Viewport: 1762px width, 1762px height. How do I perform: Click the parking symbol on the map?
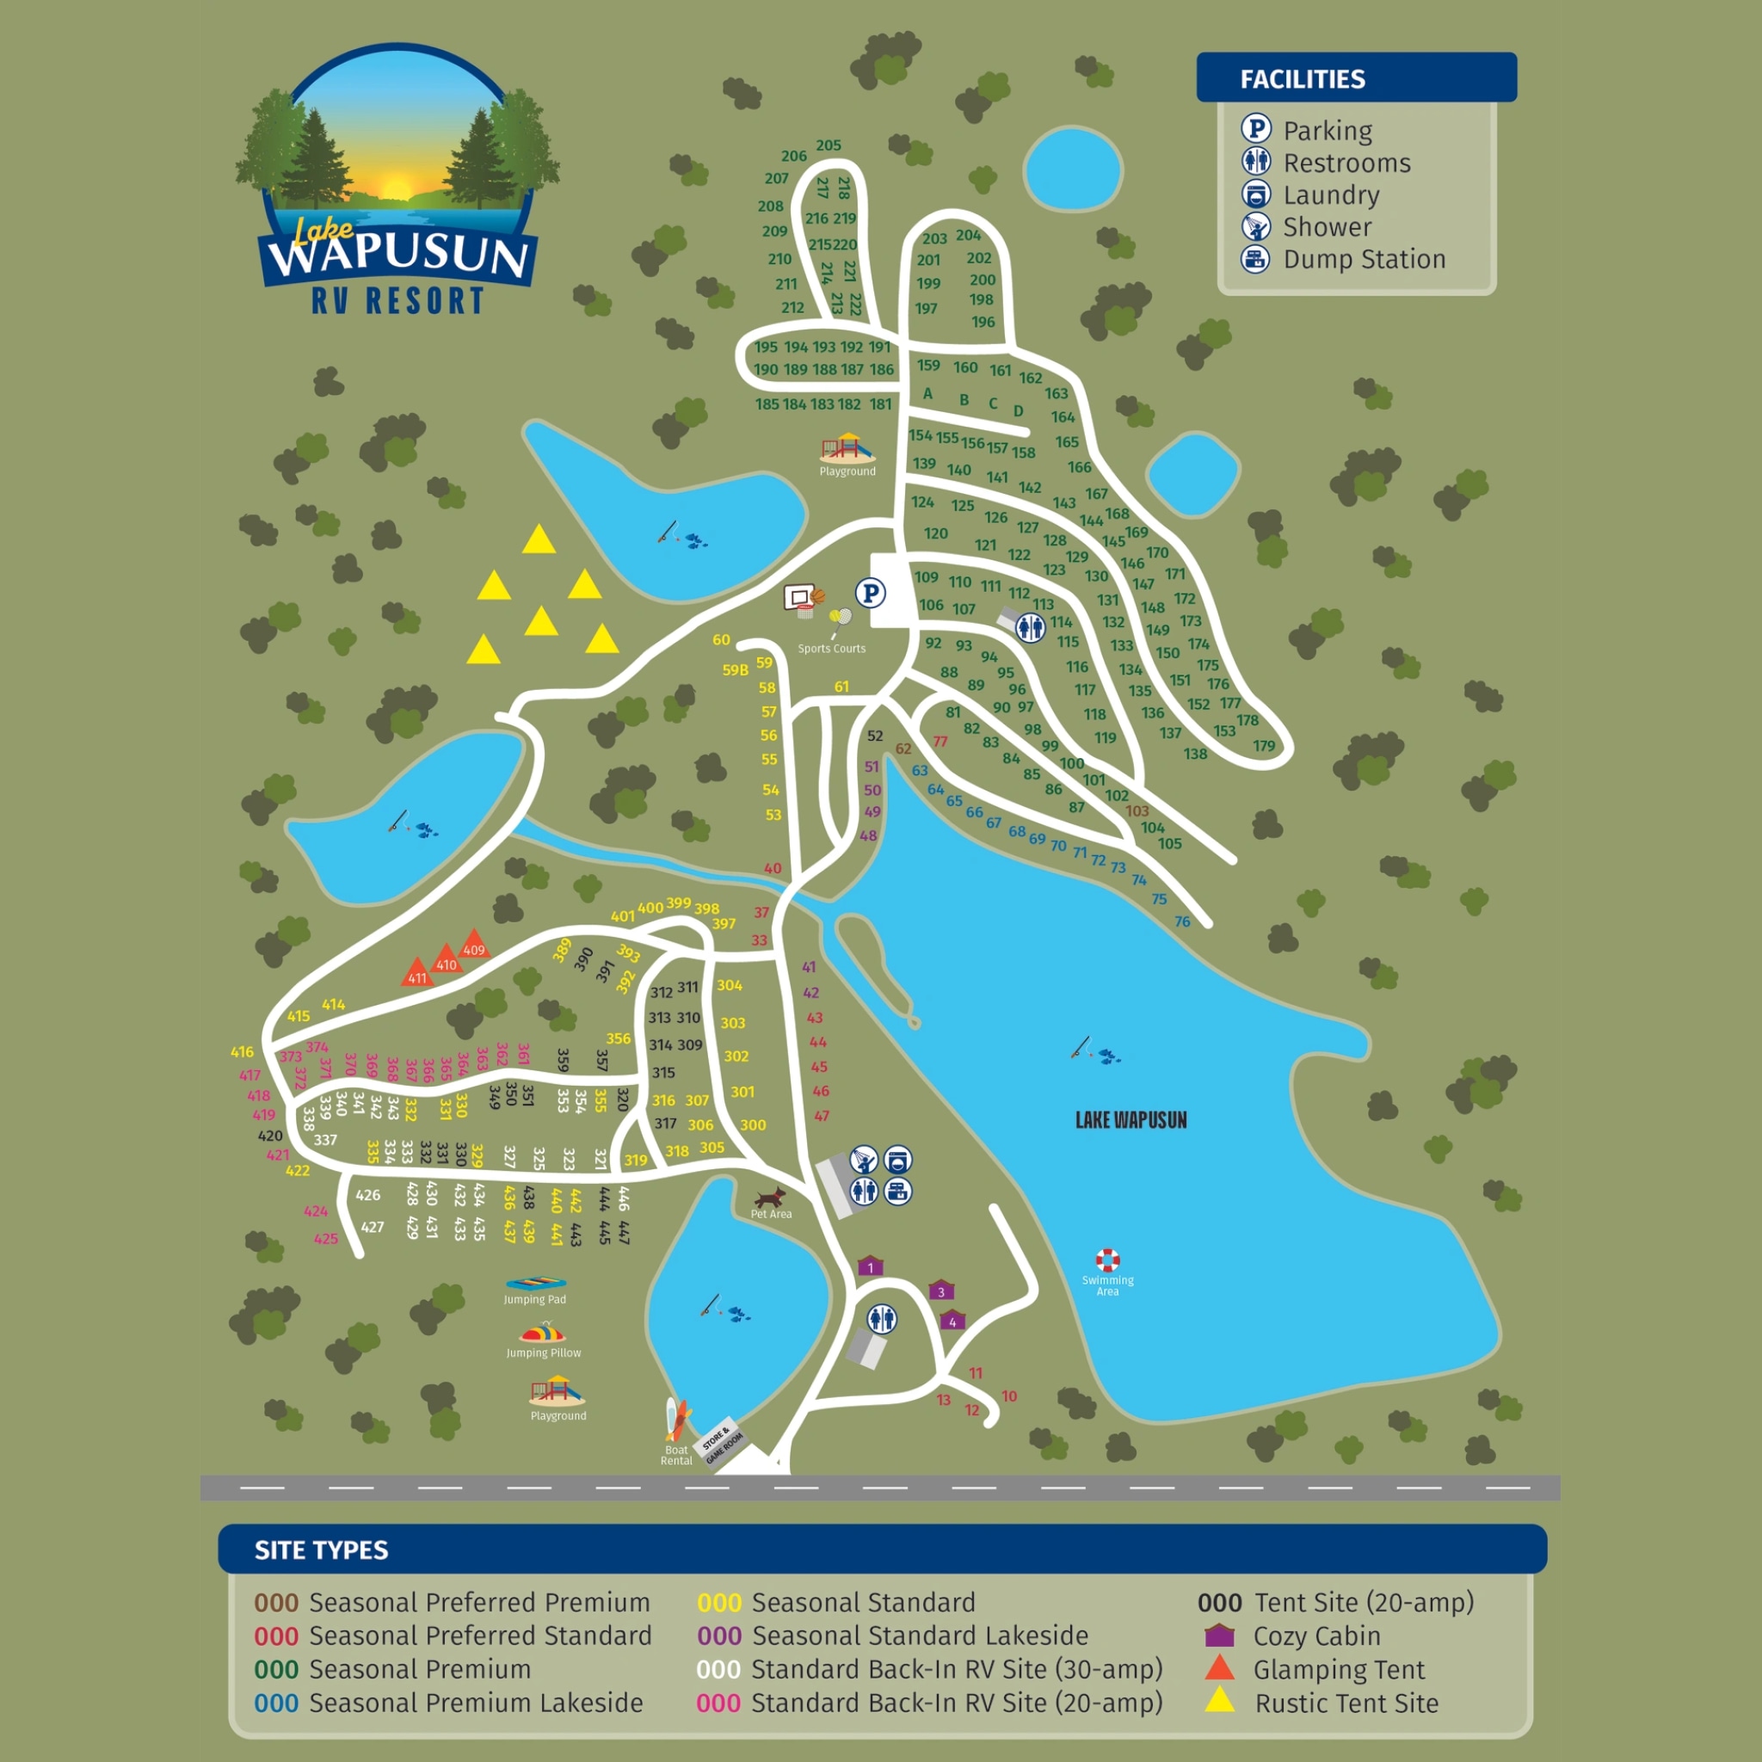pyautogui.click(x=870, y=594)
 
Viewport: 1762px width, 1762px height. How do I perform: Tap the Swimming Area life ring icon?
pyautogui.click(x=1107, y=1260)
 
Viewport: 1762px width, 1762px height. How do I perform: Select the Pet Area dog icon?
pyautogui.click(x=771, y=1196)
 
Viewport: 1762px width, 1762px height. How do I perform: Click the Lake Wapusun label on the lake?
pyautogui.click(x=1131, y=1120)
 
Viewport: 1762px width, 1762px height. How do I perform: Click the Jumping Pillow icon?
pyautogui.click(x=544, y=1334)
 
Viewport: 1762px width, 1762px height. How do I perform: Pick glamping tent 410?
pyautogui.click(x=446, y=960)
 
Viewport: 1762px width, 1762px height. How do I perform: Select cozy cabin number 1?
pyautogui.click(x=870, y=1266)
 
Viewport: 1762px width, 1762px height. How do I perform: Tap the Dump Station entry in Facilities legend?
pyautogui.click(x=1365, y=260)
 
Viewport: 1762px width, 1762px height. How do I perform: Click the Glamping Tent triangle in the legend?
pyautogui.click(x=1219, y=1668)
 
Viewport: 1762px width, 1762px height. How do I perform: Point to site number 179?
pyautogui.click(x=1263, y=746)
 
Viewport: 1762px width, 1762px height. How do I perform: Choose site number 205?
pyautogui.click(x=829, y=146)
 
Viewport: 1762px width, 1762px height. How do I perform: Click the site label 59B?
pyautogui.click(x=735, y=670)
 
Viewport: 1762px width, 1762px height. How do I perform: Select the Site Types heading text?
pyautogui.click(x=321, y=1549)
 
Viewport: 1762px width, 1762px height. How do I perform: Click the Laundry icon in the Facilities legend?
pyautogui.click(x=1256, y=194)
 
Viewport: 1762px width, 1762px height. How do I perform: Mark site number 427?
pyautogui.click(x=372, y=1227)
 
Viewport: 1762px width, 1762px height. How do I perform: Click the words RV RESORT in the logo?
pyautogui.click(x=397, y=301)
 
